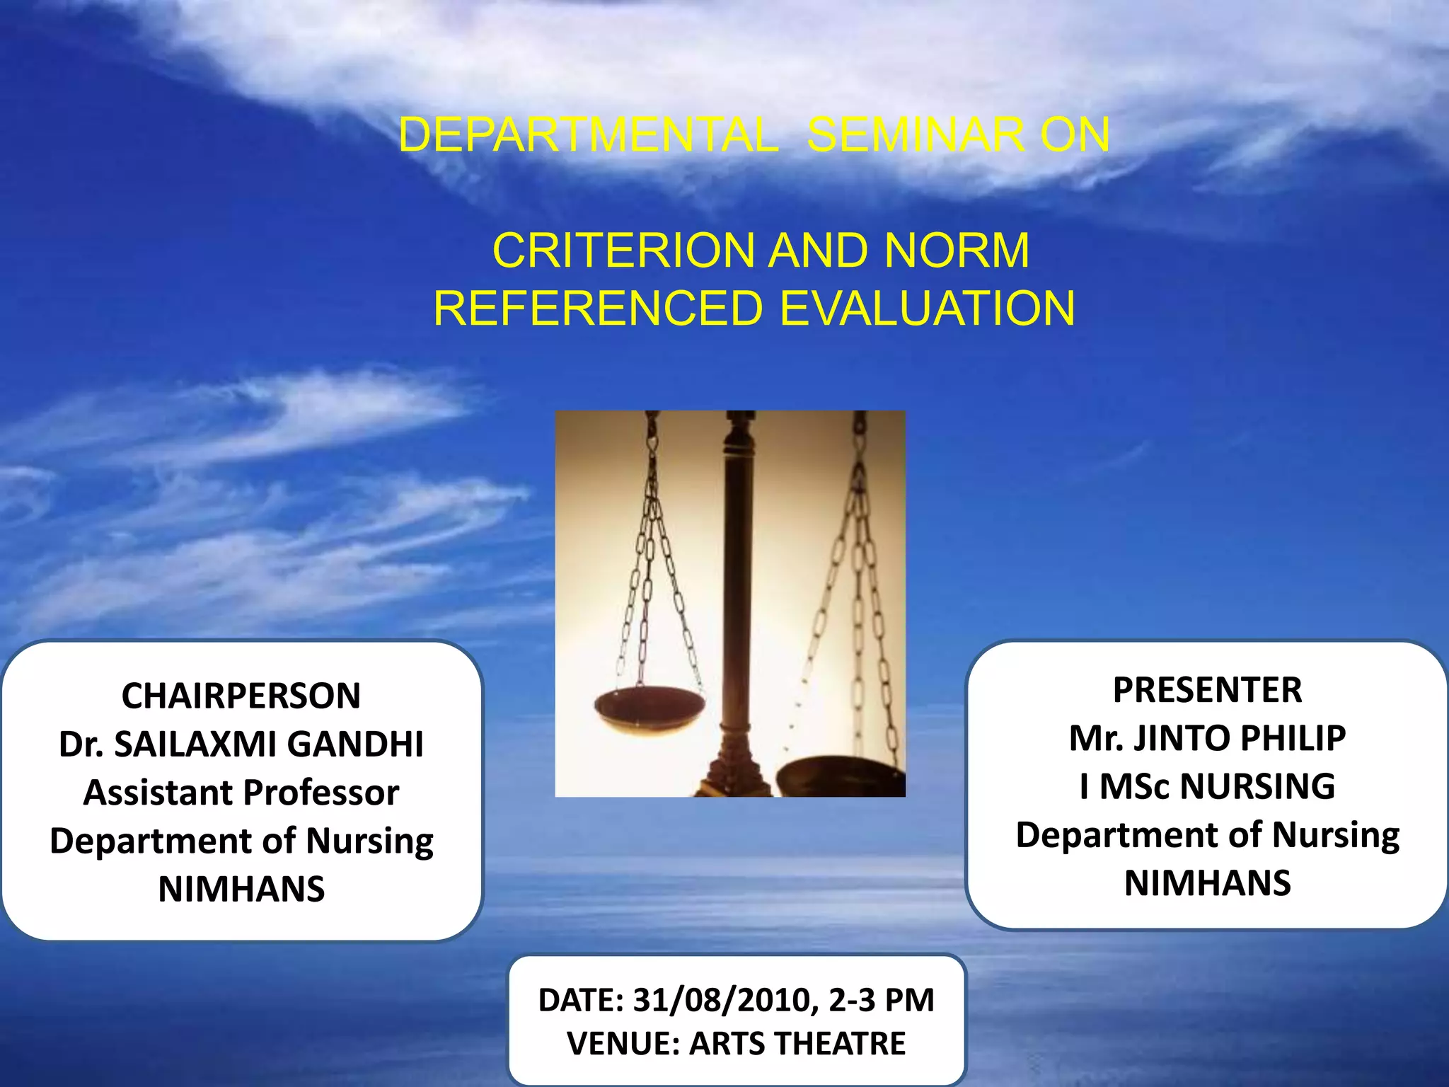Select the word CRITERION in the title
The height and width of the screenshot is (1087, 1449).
click(x=623, y=251)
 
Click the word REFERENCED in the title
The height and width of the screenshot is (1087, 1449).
click(x=599, y=309)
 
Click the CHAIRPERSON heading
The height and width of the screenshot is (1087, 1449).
click(x=241, y=696)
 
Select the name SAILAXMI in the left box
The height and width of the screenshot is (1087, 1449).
click(x=197, y=744)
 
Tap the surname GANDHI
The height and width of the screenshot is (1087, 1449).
click(x=355, y=744)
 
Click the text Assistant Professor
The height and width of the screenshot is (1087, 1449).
click(x=241, y=793)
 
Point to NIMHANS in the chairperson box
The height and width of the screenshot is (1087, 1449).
click(x=241, y=890)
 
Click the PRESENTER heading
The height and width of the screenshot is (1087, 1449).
click(x=1207, y=690)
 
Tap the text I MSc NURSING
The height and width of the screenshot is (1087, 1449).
click(x=1207, y=787)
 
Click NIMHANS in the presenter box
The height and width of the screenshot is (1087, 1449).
click(x=1207, y=883)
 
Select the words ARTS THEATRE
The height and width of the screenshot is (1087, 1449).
click(x=797, y=1044)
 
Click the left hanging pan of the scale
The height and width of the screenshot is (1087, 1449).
click(x=649, y=704)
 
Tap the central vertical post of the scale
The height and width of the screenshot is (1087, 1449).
click(x=738, y=602)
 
